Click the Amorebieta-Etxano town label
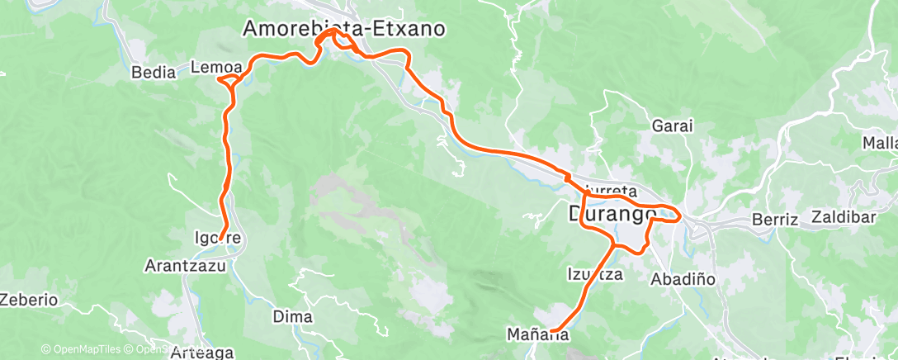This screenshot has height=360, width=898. pyautogui.click(x=343, y=29)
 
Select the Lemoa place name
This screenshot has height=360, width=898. pyautogui.click(x=216, y=66)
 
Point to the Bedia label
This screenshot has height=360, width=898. pyautogui.click(x=154, y=73)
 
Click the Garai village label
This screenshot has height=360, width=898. pyautogui.click(x=672, y=126)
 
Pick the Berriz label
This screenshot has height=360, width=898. pyautogui.click(x=776, y=220)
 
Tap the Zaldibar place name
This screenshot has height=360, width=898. pyautogui.click(x=846, y=220)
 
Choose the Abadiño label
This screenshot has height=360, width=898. pyautogui.click(x=683, y=279)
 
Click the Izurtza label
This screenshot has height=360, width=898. pyautogui.click(x=594, y=274)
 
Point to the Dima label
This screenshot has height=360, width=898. pyautogui.click(x=293, y=317)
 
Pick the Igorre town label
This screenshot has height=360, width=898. pyautogui.click(x=218, y=239)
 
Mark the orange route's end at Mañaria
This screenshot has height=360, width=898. pyautogui.click(x=551, y=331)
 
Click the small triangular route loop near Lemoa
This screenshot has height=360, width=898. pyautogui.click(x=230, y=81)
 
